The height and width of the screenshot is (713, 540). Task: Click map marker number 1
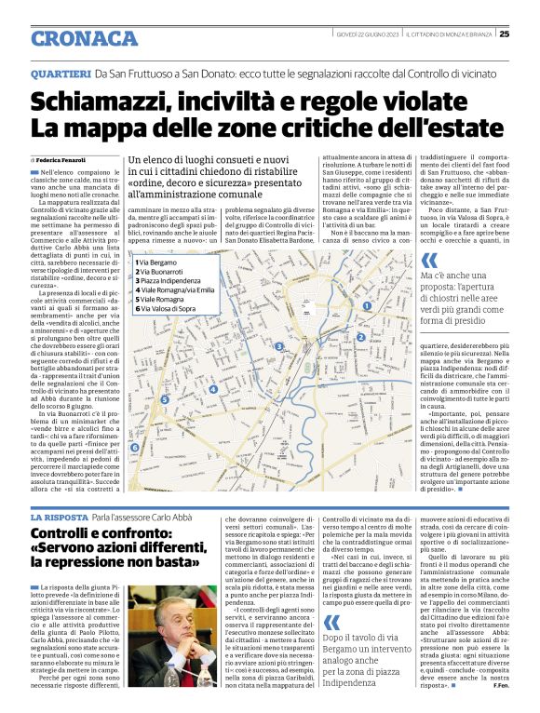(x=367, y=305)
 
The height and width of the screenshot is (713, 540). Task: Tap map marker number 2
(x=360, y=337)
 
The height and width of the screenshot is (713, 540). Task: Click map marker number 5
(x=165, y=400)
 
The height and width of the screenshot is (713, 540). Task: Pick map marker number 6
(x=134, y=448)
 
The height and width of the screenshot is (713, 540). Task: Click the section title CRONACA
(x=84, y=38)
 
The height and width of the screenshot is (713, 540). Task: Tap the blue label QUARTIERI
(x=61, y=73)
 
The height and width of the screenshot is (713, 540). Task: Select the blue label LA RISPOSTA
(x=59, y=517)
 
